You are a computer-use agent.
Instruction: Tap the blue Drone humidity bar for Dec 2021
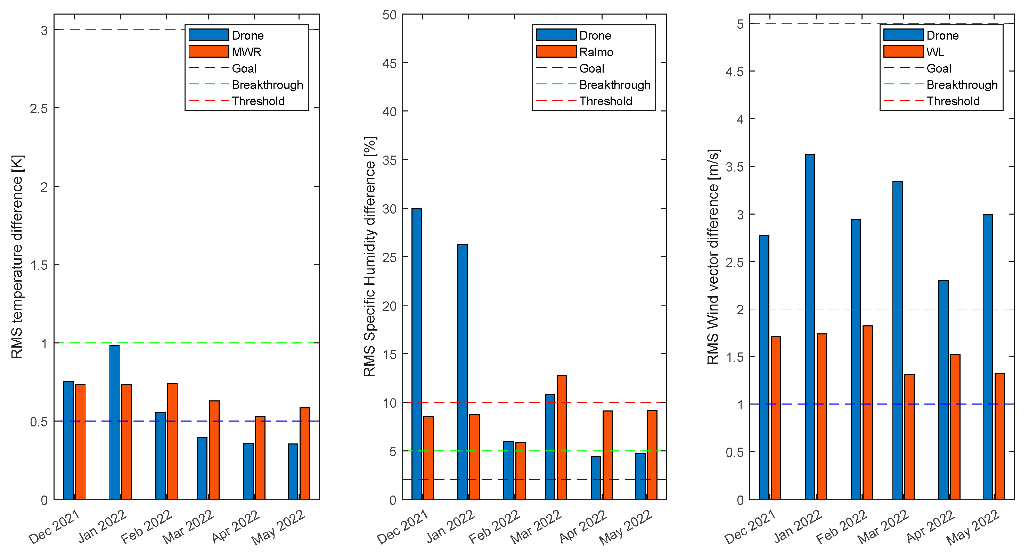coord(416,354)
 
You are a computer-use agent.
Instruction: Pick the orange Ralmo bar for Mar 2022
coord(562,437)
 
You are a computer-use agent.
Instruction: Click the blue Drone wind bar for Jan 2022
coord(810,327)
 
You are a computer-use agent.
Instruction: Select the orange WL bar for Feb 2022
coord(868,413)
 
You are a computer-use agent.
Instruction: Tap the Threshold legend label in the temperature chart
coord(258,101)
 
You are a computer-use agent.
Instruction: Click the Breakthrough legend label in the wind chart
coord(962,85)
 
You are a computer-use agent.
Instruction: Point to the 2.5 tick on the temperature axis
coord(39,108)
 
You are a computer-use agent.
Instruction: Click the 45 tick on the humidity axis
coord(389,63)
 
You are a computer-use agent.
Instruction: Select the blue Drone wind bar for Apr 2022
coord(943,390)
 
